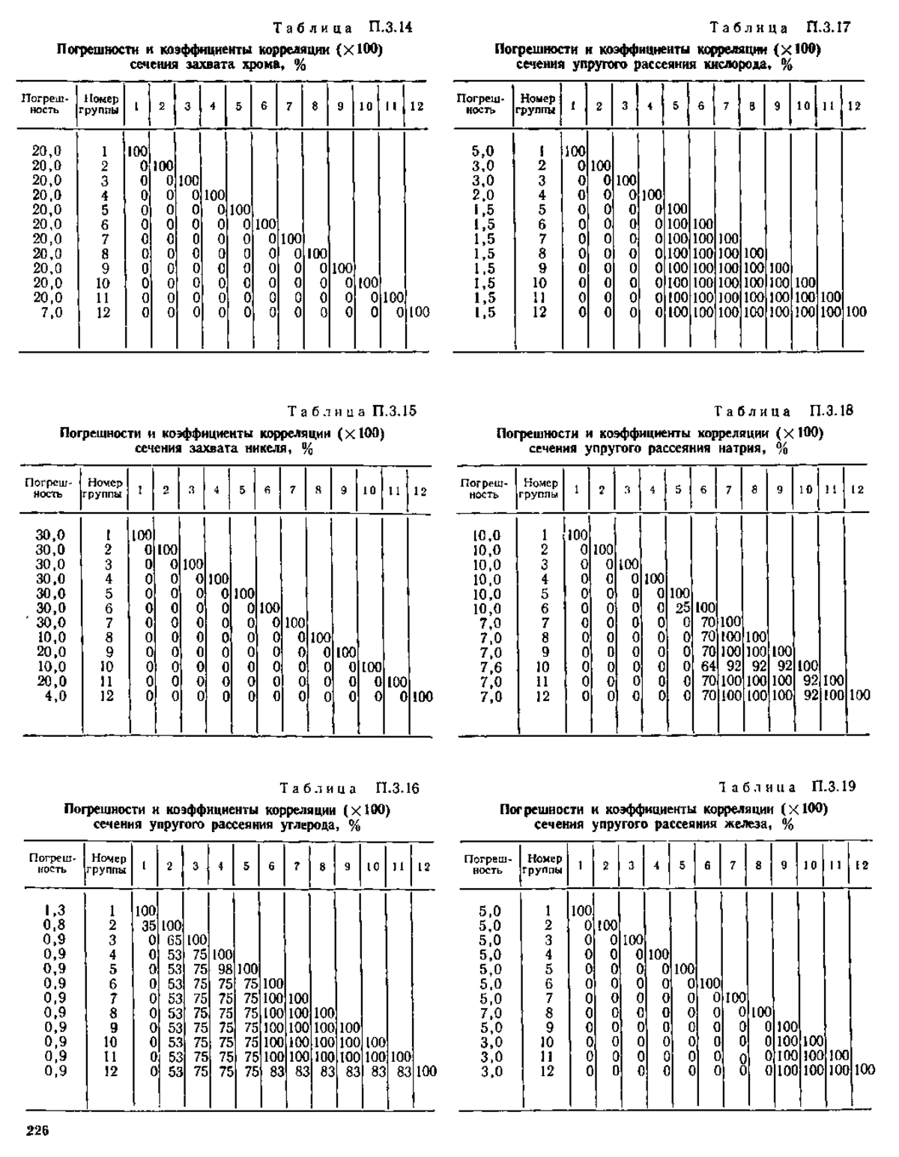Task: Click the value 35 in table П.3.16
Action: [148, 926]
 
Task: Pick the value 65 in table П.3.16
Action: [175, 941]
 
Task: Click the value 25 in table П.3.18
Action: [682, 608]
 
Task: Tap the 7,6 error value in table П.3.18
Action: [490, 666]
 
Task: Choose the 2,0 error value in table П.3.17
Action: [483, 195]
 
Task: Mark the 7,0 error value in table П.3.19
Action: [491, 1012]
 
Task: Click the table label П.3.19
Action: [834, 786]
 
